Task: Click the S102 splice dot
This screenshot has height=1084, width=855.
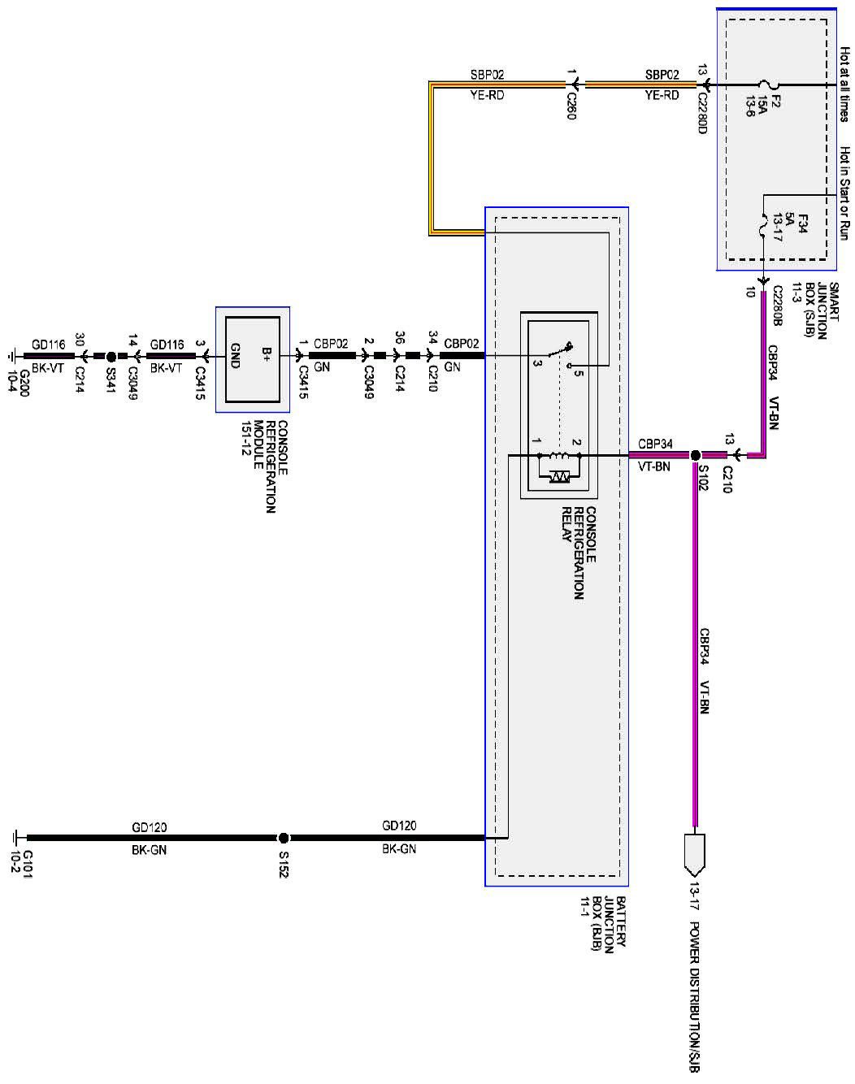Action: point(695,456)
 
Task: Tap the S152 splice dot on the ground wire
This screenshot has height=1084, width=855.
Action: point(283,838)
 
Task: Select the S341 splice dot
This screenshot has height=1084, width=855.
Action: point(111,356)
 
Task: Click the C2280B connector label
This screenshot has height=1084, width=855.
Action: point(777,306)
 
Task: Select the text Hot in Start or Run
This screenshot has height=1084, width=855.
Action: point(845,193)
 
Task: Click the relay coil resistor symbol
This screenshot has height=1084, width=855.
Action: point(559,475)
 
